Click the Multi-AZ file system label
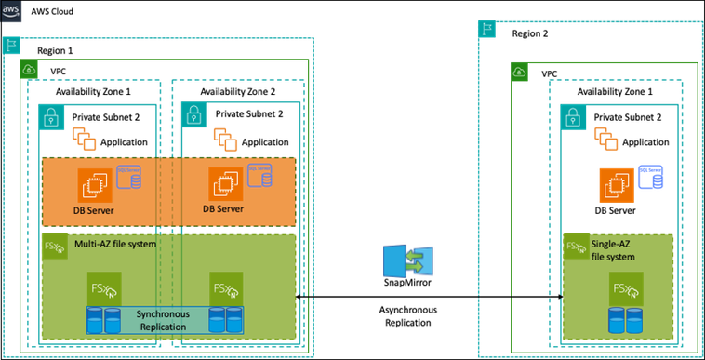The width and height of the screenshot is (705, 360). [114, 244]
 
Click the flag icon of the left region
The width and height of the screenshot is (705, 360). [12, 46]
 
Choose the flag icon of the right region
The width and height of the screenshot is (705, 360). [486, 28]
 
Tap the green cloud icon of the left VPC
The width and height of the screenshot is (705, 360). [30, 71]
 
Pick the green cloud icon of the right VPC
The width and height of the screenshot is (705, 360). [520, 71]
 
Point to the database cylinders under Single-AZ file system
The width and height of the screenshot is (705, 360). [621, 321]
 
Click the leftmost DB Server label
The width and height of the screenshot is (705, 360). [93, 210]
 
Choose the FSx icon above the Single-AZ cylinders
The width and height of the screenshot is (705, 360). [623, 289]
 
